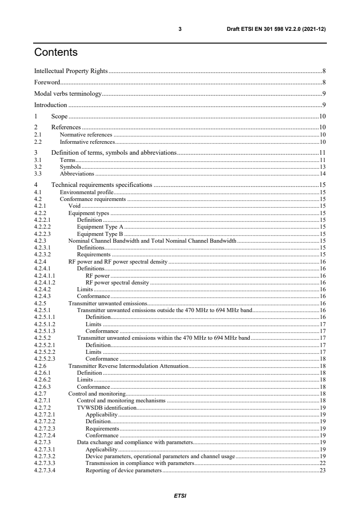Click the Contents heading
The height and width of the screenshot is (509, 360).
coord(56,53)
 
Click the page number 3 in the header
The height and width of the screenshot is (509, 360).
coord(180,29)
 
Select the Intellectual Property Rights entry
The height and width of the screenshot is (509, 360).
coord(71,71)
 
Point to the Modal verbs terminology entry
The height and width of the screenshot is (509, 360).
coord(68,94)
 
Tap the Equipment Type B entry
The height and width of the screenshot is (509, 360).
coord(100,234)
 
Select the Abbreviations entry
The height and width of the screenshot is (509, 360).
coord(77,174)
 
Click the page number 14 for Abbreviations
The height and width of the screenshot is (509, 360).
coord(323,174)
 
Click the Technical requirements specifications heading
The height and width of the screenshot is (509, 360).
coord(102,185)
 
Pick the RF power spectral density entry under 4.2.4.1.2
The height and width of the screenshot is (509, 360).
coord(117,283)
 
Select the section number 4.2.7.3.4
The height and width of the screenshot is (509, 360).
coord(44,470)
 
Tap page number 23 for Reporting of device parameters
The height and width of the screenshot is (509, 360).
coord(323,470)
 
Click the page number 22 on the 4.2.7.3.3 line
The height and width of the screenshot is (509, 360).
coord(323,464)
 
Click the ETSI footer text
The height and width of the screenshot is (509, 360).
coord(180,496)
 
